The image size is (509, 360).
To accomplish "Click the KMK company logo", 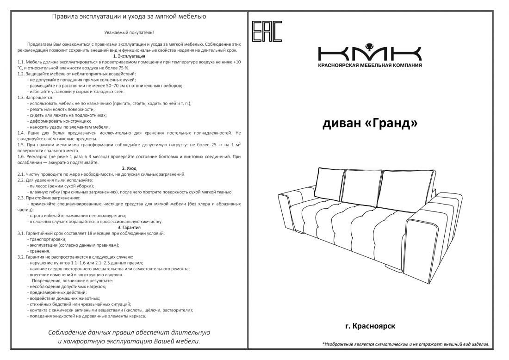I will tap(370, 53).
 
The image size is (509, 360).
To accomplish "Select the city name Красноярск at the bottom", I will tap(373, 326).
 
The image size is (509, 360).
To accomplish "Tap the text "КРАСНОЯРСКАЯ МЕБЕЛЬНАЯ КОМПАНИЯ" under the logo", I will tap(370, 65).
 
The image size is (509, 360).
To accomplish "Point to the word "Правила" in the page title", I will tap(63, 17).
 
